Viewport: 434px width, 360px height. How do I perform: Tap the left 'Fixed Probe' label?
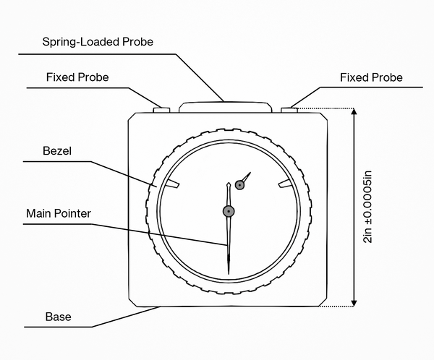77,77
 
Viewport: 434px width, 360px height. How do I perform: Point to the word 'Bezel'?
59,153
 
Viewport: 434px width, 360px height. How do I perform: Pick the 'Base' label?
58,317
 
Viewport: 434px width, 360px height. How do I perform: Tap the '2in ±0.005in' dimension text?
368,208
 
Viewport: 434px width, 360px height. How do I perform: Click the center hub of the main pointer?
229,211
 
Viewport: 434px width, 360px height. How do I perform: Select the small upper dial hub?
239,185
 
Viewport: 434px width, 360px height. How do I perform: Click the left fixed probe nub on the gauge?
161,111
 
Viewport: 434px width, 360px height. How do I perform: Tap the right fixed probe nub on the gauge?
289,111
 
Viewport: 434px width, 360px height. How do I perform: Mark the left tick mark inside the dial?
171,185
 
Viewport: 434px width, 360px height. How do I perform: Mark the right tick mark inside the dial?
286,185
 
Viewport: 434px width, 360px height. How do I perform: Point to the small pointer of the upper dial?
247,176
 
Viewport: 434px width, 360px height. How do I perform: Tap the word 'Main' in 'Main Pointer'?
38,214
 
